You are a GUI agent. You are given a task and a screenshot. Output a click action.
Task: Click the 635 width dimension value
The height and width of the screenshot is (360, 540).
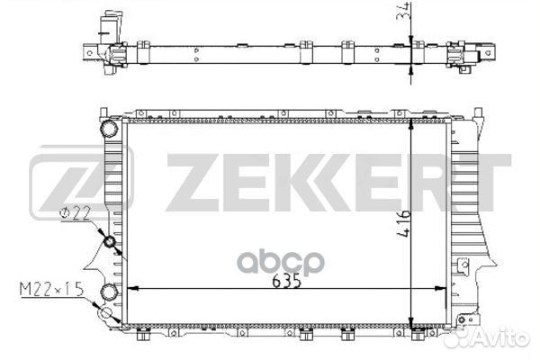tap(286, 281)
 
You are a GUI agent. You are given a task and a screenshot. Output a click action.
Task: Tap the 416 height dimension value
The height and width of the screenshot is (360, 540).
tap(403, 223)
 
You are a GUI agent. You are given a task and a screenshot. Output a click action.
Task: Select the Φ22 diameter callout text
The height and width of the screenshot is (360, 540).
tap(75, 213)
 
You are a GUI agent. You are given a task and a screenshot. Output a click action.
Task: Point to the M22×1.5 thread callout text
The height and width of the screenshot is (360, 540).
tap(51, 289)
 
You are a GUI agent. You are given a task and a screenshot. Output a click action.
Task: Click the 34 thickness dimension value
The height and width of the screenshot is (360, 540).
tap(403, 12)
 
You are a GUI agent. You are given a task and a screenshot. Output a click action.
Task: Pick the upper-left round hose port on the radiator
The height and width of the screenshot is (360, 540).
tap(109, 129)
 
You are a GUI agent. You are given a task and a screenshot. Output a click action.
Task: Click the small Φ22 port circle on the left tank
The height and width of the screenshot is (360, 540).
tap(110, 242)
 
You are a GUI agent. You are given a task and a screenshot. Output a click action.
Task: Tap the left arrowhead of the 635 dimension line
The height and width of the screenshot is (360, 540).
tap(132, 288)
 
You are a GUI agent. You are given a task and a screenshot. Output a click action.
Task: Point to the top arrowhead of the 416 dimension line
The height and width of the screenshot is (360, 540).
tap(411, 125)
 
